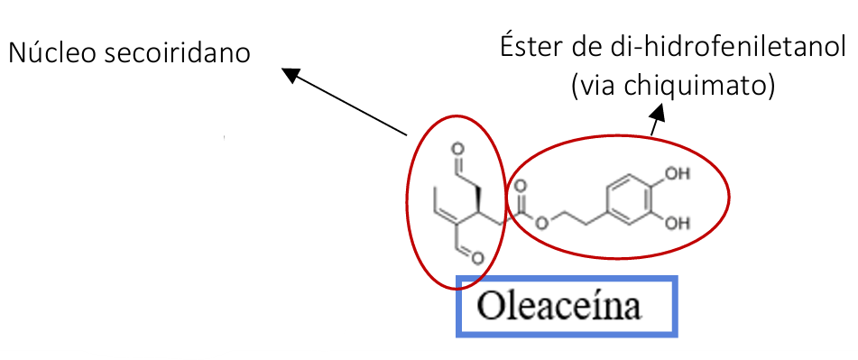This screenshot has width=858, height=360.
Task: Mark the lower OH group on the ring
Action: [677, 223]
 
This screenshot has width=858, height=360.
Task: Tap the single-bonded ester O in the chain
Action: [540, 223]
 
